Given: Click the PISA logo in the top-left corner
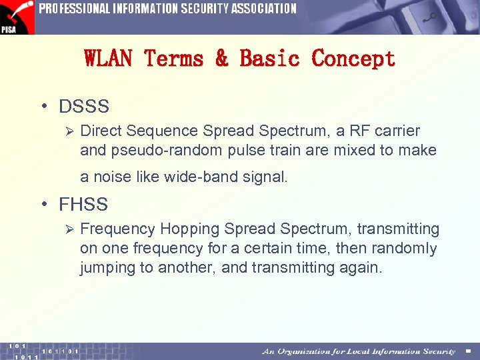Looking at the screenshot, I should (17, 17).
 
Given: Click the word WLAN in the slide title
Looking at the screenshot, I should (109, 59).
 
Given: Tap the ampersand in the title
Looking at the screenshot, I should (221, 59).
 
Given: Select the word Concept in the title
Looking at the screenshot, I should (353, 59).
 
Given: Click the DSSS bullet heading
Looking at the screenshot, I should (83, 106).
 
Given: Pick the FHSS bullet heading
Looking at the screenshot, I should (83, 204).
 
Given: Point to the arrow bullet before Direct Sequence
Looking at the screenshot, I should (66, 131).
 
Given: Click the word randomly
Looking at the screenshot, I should (405, 249).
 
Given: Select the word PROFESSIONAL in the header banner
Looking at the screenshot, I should (75, 9).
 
